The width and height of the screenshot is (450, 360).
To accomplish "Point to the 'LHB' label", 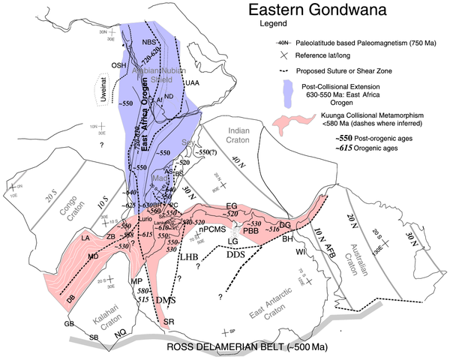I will (190, 257).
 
